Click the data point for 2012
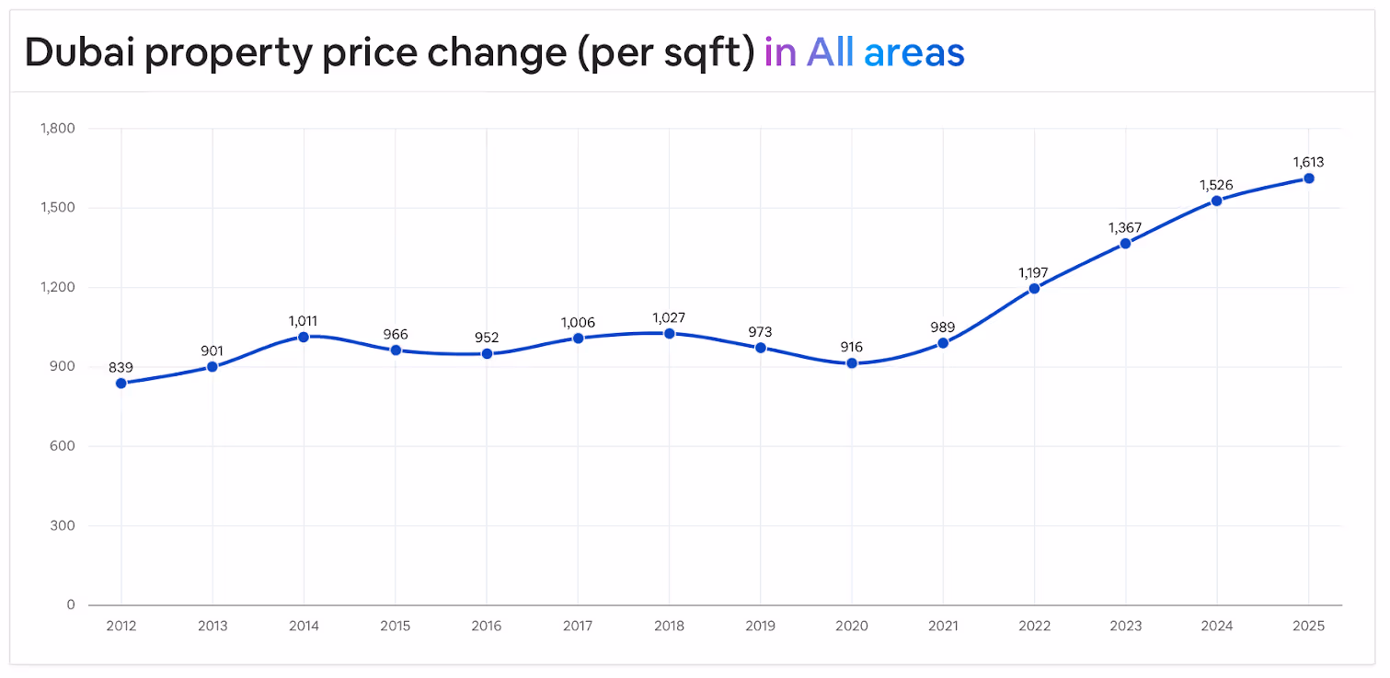(121, 384)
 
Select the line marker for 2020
(852, 363)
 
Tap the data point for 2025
(1308, 178)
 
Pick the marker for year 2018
(669, 334)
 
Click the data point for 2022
(1034, 288)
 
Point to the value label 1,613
(1308, 163)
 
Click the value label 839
(121, 367)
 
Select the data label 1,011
(304, 320)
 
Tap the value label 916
(852, 347)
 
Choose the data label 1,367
(1125, 227)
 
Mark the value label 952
(487, 338)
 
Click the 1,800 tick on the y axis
(58, 129)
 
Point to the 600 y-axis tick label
(63, 446)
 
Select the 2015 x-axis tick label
(396, 626)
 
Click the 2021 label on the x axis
(943, 626)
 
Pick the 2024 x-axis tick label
(1217, 626)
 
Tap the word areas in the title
(914, 52)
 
